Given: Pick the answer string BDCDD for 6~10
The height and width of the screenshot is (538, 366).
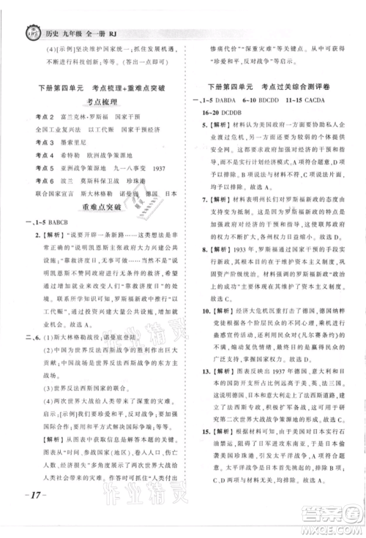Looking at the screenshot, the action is [x=286, y=99].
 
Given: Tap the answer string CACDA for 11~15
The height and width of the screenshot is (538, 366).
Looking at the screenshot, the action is [x=337, y=99].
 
